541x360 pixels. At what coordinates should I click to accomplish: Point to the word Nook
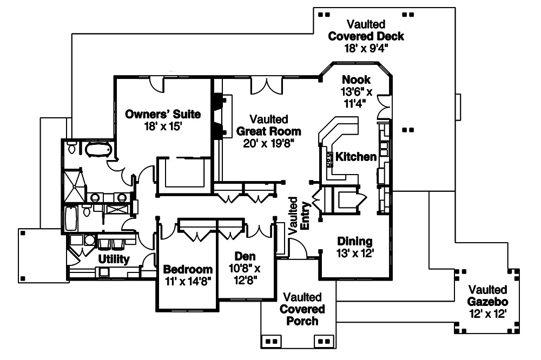pos(356,81)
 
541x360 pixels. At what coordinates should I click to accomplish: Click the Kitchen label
pos(355,157)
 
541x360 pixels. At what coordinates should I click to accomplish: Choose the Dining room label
pos(355,241)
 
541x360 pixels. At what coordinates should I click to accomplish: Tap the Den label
pos(245,256)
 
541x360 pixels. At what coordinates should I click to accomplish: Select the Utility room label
pos(114,259)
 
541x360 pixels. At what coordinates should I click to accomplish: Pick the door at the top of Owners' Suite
pos(157,83)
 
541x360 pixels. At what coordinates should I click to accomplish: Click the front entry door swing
pos(298,248)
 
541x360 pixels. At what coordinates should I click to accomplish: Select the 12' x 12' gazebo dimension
pos(488,314)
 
